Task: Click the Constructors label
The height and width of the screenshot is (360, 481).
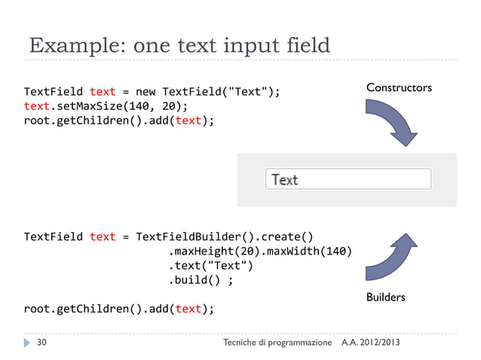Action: click(399, 89)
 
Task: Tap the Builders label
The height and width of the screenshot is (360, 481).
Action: click(385, 297)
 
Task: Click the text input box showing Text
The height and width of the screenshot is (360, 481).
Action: click(348, 179)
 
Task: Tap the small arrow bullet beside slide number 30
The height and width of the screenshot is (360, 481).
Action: click(27, 343)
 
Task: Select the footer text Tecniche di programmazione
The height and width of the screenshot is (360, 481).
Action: click(277, 343)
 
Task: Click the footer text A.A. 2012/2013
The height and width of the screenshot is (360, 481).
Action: click(371, 343)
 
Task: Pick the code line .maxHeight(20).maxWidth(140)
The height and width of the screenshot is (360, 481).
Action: click(260, 251)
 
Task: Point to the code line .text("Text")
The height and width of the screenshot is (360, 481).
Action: click(210, 265)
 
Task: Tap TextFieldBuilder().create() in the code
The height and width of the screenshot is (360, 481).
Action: click(224, 236)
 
